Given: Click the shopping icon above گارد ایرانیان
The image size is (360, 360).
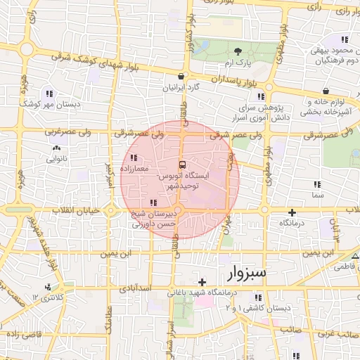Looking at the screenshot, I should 181,77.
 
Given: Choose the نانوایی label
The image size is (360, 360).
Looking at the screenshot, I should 56,159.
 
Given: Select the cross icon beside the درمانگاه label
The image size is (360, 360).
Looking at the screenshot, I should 292,212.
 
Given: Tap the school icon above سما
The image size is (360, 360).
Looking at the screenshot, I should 318,184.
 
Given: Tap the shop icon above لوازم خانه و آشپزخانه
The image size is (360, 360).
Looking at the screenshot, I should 327,91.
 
